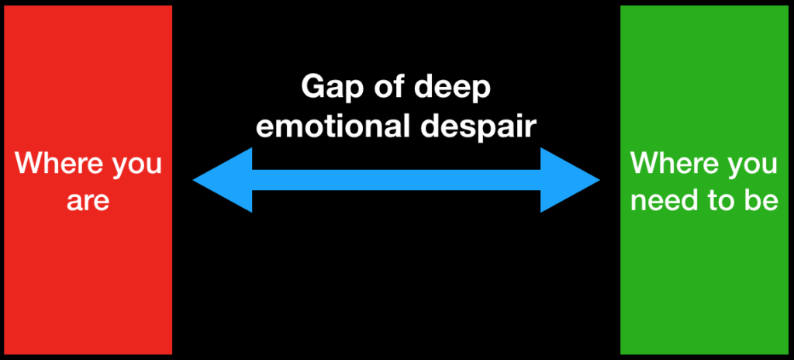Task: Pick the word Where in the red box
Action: click(x=52, y=164)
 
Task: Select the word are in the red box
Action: click(x=87, y=201)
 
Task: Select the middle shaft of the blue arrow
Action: click(x=396, y=180)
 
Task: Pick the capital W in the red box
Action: click(x=29, y=164)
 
